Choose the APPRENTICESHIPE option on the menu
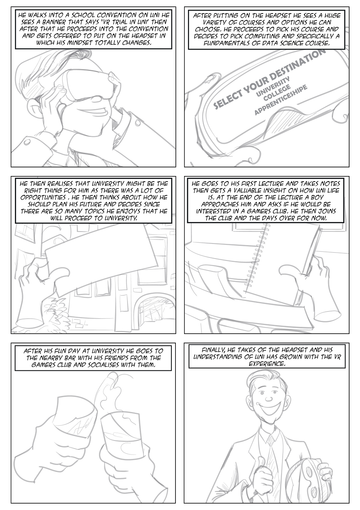(x=280, y=100)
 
